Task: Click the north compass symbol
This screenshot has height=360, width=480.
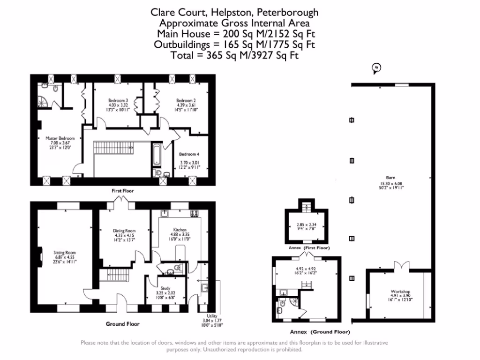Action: point(376,68)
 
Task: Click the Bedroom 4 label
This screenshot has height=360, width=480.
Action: point(189,154)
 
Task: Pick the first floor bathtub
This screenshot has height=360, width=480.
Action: point(157,154)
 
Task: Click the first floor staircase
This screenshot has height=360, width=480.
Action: point(113,148)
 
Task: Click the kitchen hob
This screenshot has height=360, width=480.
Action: point(195,213)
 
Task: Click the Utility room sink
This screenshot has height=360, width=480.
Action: point(204,288)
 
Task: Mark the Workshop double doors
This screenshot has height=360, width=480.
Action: point(401,266)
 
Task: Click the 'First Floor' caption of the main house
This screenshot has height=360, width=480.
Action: point(122,191)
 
